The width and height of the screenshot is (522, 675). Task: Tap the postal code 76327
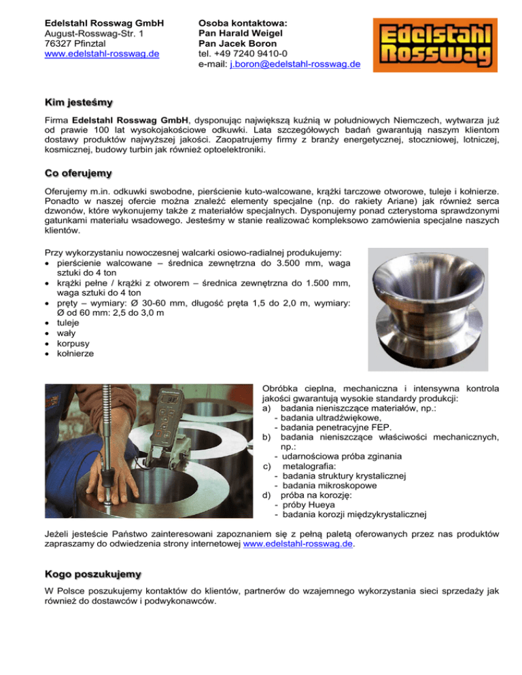click(x=57, y=43)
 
